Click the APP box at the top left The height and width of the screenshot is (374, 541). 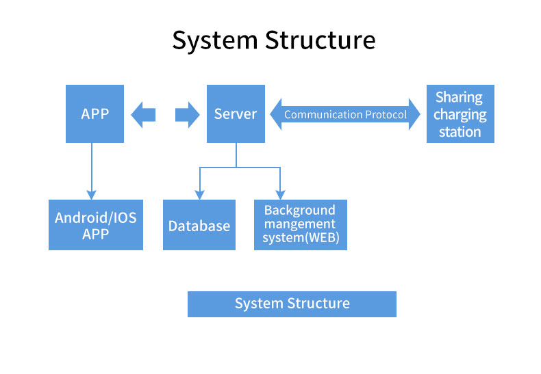click(x=95, y=113)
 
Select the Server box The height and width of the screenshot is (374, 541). click(x=236, y=113)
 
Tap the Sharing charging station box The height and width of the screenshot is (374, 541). click(x=460, y=113)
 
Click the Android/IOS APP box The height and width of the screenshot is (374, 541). click(x=96, y=225)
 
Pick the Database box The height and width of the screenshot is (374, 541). click(x=199, y=225)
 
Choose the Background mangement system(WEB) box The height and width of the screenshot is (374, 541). click(x=301, y=225)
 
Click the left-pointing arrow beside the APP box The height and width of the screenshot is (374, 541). click(x=143, y=115)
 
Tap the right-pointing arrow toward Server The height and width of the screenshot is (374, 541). click(x=188, y=115)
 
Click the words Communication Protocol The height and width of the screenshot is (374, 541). click(x=345, y=115)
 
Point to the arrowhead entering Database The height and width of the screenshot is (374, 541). click(x=199, y=195)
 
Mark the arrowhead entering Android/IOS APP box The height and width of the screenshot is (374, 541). click(x=92, y=195)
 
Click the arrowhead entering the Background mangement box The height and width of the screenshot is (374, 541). click(x=280, y=195)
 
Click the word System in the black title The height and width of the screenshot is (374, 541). click(x=214, y=40)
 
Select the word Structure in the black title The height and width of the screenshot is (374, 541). click(x=320, y=40)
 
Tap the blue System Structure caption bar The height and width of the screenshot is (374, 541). click(x=292, y=304)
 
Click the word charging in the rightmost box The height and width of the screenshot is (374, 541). click(x=460, y=115)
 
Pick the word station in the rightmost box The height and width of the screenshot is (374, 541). click(x=460, y=132)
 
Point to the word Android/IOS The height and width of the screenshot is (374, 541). click(x=96, y=217)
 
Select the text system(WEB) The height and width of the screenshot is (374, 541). click(x=301, y=238)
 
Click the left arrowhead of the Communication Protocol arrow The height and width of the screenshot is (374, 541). click(x=276, y=114)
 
